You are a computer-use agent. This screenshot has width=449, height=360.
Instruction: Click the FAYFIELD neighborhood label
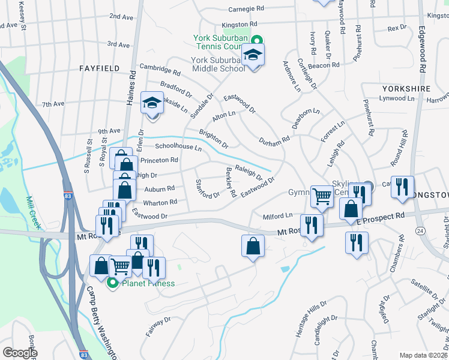click(99, 68)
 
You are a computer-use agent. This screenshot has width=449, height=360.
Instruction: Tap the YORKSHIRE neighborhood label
click(406, 88)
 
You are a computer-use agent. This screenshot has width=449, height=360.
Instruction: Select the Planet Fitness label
click(148, 283)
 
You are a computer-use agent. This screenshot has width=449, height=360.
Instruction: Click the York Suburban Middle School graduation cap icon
click(253, 56)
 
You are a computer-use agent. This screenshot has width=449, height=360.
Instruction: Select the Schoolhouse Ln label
click(178, 146)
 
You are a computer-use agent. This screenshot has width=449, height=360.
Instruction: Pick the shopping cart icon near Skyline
click(323, 195)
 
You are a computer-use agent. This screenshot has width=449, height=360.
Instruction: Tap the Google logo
click(20, 353)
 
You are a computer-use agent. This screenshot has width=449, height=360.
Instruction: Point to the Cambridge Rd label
click(160, 69)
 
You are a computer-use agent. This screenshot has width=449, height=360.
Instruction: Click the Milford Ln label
click(277, 215)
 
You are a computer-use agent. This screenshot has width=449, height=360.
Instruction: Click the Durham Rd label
click(274, 140)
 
